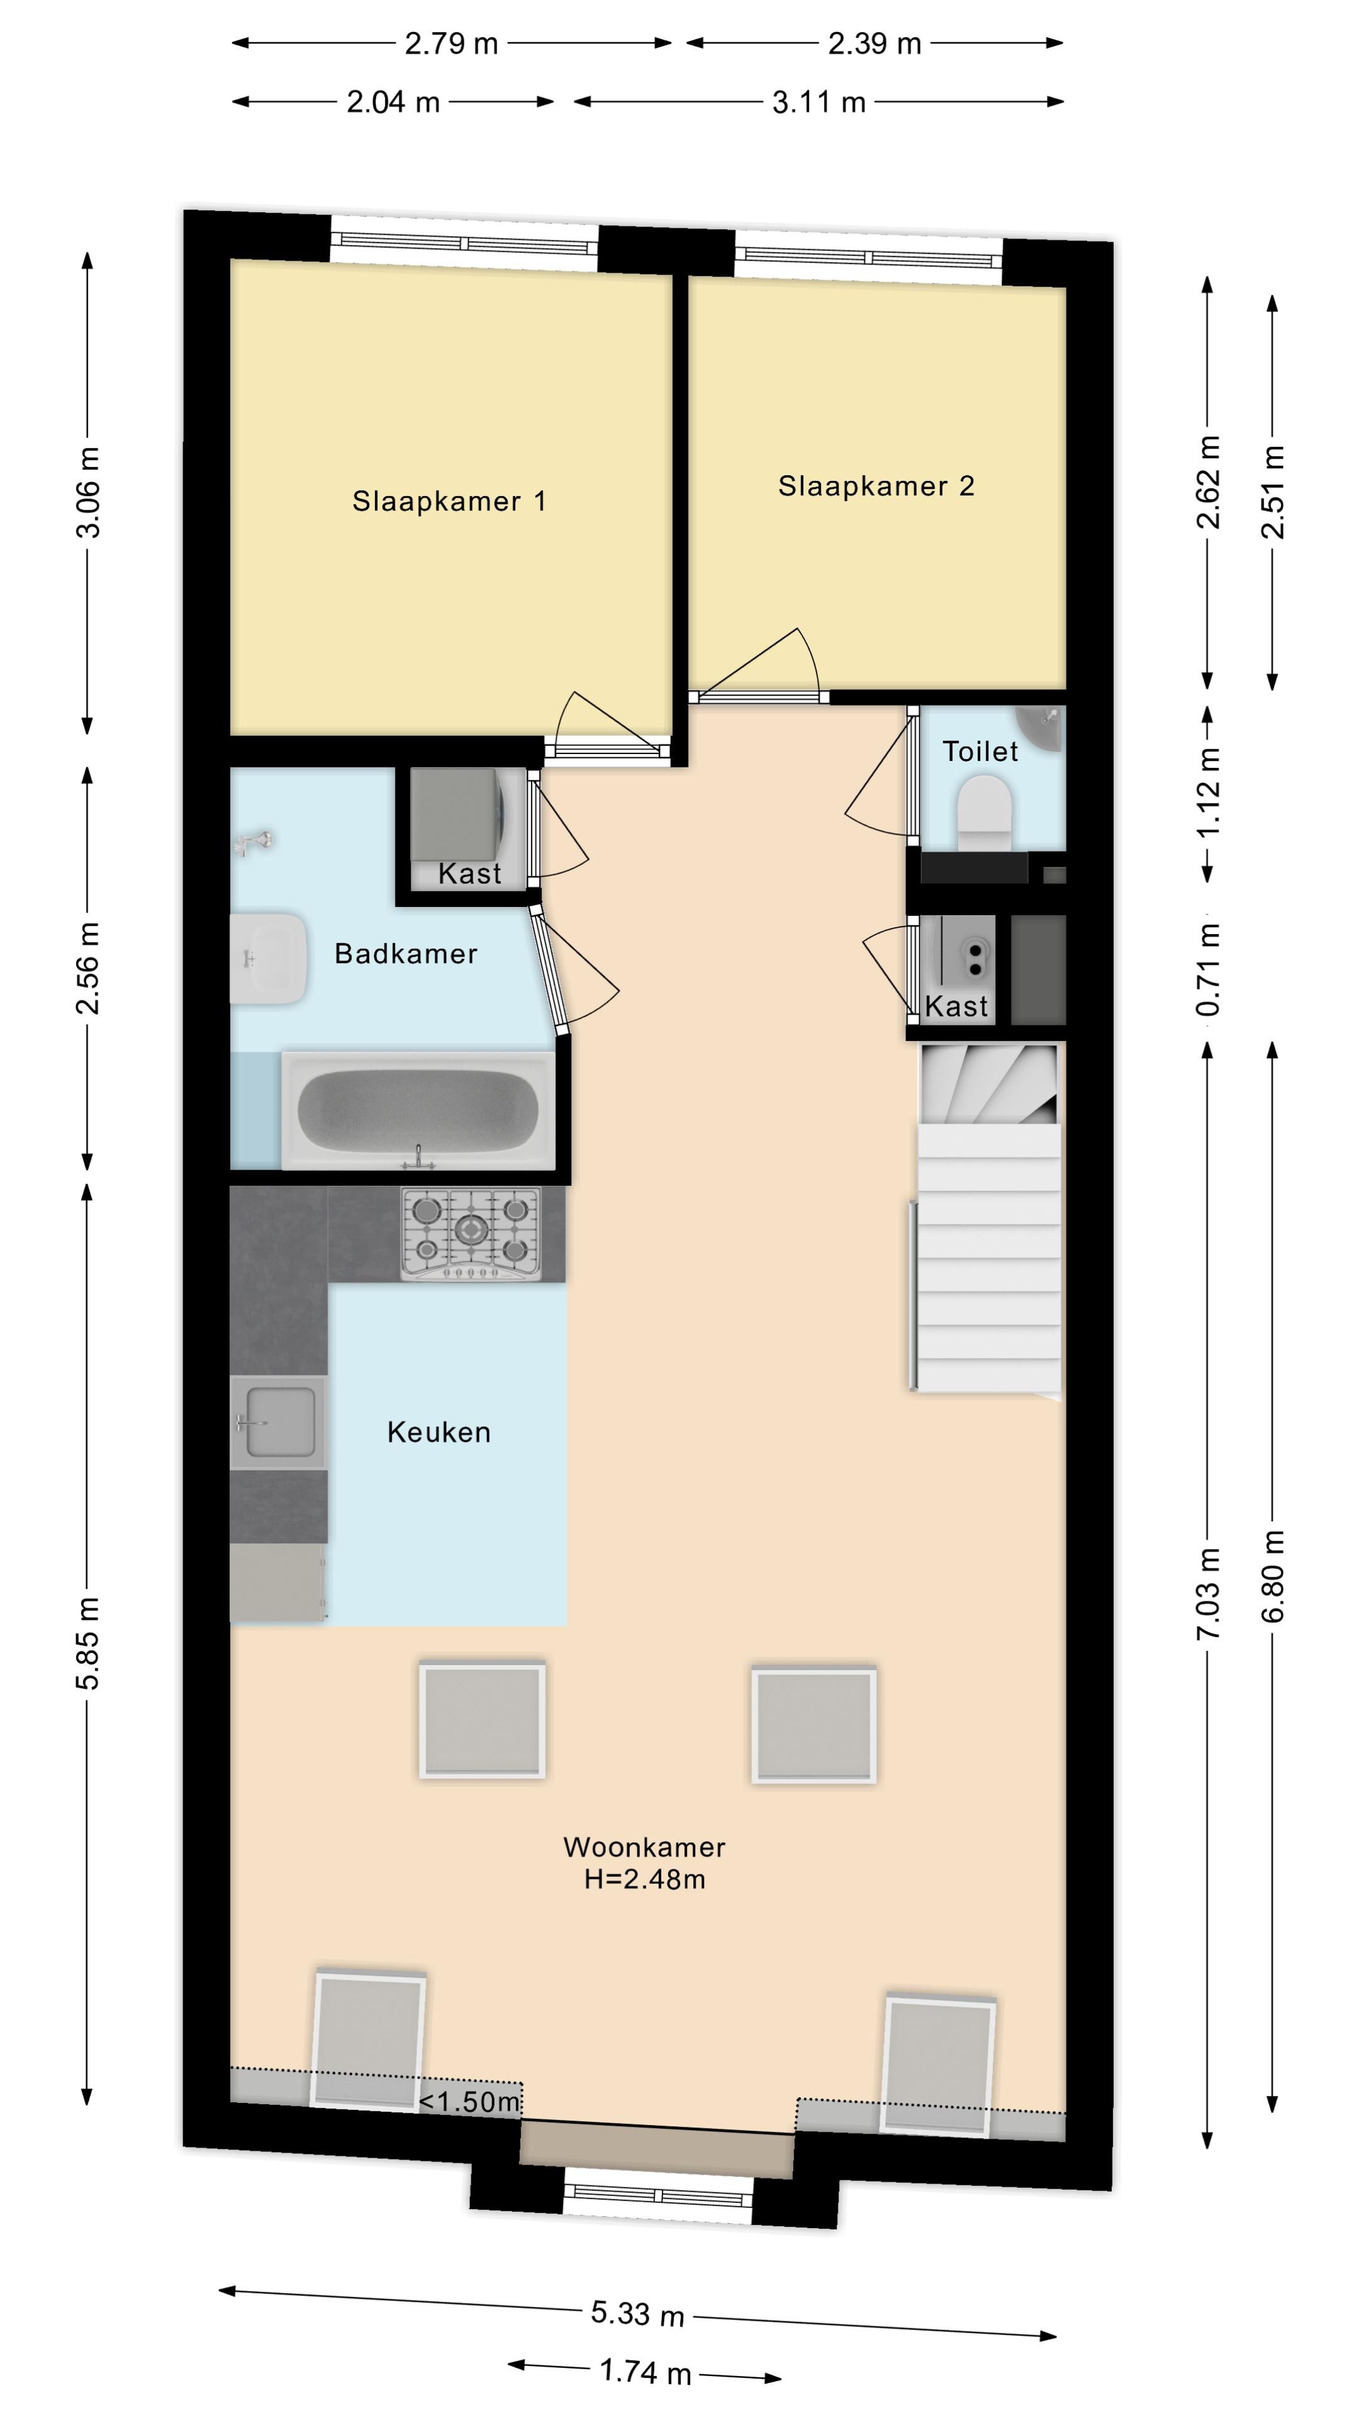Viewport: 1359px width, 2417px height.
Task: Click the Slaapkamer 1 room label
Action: [x=449, y=501]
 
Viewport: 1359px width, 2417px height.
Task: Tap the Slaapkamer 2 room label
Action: [x=876, y=486]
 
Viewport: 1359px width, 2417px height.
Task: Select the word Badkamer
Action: [x=406, y=954]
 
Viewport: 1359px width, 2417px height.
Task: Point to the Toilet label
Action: [x=980, y=751]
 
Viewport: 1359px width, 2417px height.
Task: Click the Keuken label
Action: [x=439, y=1432]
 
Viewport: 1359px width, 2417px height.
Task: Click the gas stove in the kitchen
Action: [x=471, y=1234]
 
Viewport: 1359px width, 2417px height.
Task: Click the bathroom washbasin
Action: [x=269, y=958]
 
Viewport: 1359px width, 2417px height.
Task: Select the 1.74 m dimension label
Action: [x=646, y=2373]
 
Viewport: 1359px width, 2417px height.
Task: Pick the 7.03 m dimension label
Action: [x=1208, y=1594]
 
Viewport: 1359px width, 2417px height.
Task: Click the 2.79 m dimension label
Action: [x=451, y=43]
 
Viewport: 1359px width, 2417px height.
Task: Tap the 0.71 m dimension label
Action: [x=1208, y=969]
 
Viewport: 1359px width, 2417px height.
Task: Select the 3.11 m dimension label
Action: [x=819, y=101]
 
